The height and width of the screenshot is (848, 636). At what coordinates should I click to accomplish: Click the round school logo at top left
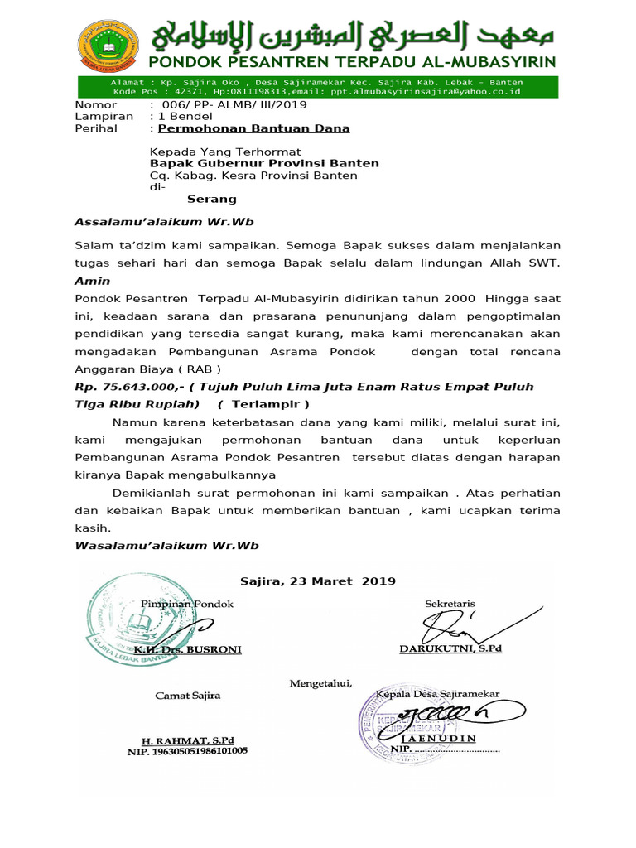110,47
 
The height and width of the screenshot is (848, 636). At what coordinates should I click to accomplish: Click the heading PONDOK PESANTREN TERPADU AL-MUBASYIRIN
352,63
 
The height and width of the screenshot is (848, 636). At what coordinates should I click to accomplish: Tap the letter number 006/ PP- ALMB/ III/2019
233,105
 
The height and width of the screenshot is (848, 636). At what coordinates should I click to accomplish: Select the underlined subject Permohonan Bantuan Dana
253,128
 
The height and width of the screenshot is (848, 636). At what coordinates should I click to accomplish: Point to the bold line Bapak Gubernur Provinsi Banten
264,164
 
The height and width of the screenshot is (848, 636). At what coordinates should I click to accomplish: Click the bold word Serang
212,199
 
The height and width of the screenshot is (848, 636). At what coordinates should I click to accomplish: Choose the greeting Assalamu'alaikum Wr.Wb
164,222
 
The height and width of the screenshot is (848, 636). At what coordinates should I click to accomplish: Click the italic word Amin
92,282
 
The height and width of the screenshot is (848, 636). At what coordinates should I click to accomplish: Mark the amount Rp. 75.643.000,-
127,387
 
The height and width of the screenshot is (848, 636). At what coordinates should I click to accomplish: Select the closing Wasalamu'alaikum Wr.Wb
166,545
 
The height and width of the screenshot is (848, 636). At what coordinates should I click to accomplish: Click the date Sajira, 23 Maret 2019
318,581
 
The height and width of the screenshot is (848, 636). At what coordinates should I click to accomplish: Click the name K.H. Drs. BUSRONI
189,649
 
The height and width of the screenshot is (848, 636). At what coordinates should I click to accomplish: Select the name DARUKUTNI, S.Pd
450,648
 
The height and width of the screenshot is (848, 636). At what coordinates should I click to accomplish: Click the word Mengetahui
320,683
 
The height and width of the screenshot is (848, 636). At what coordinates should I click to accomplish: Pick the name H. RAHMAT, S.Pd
187,740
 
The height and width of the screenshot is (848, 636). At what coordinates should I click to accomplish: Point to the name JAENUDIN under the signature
438,737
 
